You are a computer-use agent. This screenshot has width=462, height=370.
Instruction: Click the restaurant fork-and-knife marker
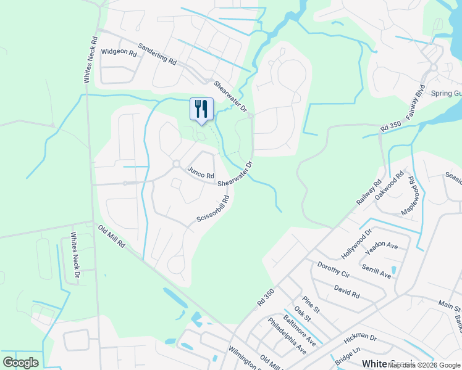click(x=201, y=109)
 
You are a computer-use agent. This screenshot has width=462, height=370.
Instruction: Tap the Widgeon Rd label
click(x=119, y=53)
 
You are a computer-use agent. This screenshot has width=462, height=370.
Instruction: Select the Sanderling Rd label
click(x=157, y=54)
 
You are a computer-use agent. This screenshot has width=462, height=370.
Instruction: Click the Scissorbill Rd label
click(x=213, y=209)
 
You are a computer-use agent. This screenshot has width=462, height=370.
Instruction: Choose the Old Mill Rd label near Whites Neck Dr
click(x=112, y=237)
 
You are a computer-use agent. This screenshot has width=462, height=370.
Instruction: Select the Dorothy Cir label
click(x=333, y=270)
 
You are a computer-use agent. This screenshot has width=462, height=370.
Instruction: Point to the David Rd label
click(x=346, y=290)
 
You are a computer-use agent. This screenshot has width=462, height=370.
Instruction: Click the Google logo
click(x=20, y=363)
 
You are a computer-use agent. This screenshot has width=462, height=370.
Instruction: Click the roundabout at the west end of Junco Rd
click(x=176, y=164)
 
